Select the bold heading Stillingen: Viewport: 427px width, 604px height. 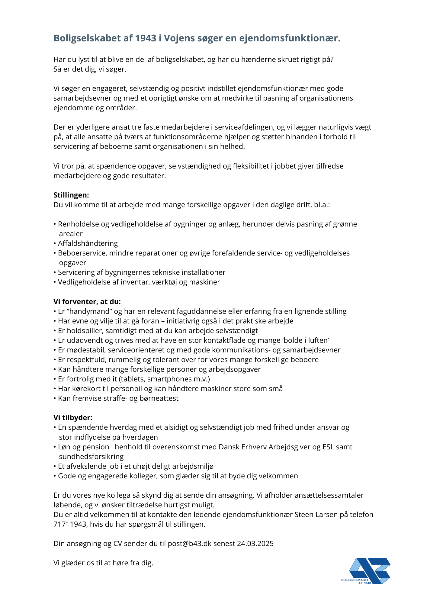point(71,195)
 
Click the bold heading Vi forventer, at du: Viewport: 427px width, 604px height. point(87,302)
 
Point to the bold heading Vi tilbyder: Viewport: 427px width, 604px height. point(73,418)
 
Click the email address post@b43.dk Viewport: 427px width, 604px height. point(190,544)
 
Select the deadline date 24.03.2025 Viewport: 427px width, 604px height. point(255,544)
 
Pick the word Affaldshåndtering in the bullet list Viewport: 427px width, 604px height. point(88,243)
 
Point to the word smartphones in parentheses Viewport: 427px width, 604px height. point(166,379)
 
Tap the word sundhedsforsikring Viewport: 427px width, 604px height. point(91,457)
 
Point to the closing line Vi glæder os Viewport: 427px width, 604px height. point(103,563)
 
